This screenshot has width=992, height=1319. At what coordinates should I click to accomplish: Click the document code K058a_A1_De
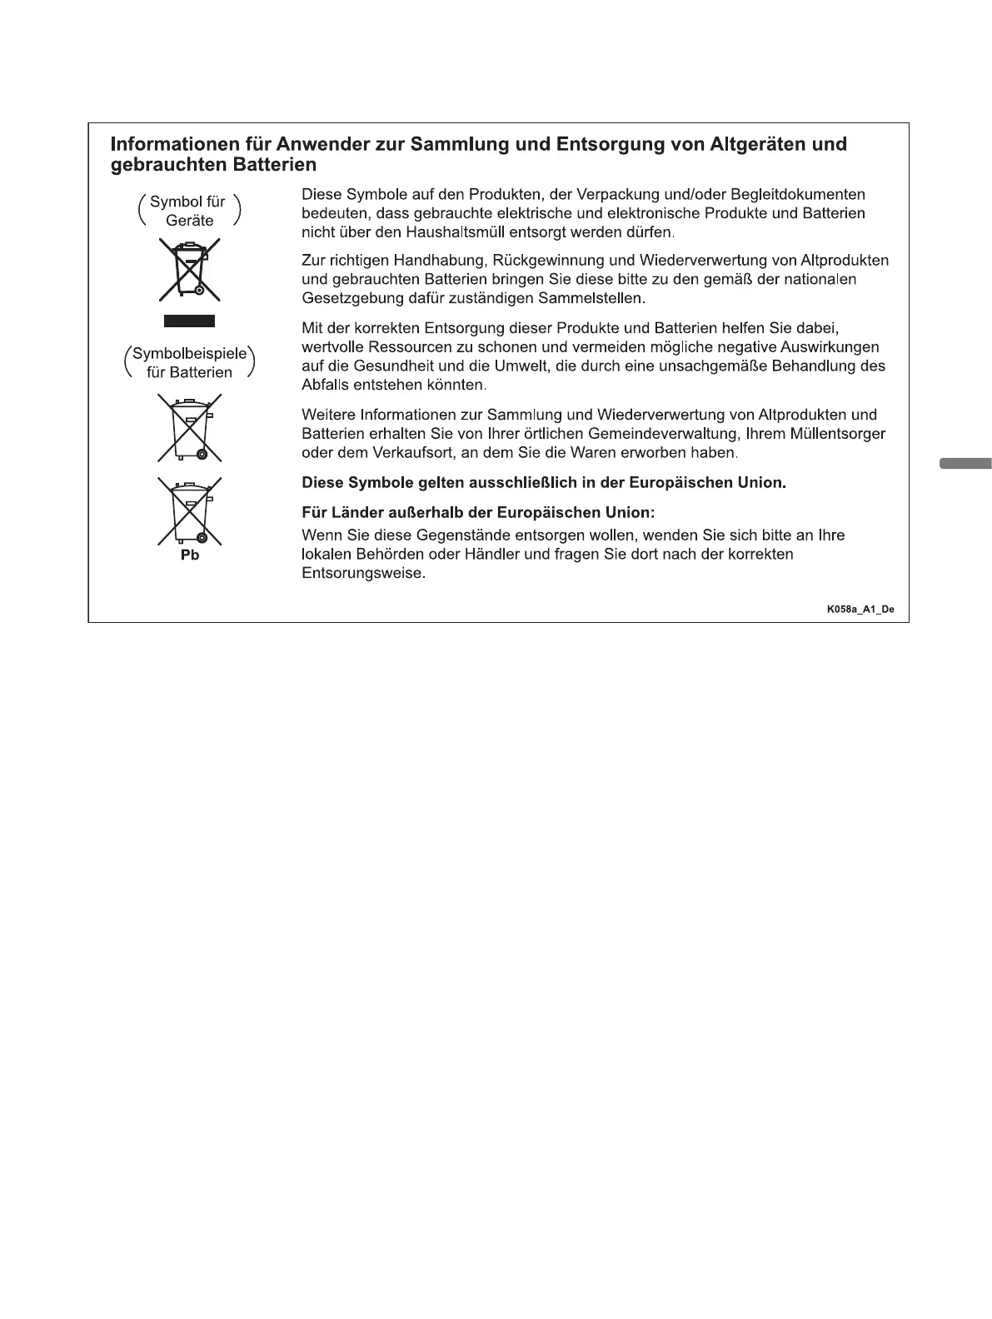tap(860, 610)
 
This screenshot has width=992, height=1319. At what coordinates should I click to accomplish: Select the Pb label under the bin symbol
tap(190, 555)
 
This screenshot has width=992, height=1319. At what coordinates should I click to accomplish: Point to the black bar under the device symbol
tap(189, 321)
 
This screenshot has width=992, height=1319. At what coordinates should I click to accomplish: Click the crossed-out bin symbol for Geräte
tap(190, 270)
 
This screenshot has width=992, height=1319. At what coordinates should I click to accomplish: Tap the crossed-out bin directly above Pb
tap(190, 510)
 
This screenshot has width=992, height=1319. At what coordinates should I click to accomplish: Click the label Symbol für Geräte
tap(190, 212)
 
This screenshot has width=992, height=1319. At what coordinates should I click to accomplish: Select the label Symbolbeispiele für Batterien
tap(190, 363)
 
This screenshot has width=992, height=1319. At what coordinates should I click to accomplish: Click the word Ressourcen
tap(401, 347)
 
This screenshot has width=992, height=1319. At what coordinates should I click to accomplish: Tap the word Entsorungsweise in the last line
tap(363, 574)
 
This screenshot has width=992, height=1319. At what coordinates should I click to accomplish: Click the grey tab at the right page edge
tap(965, 463)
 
